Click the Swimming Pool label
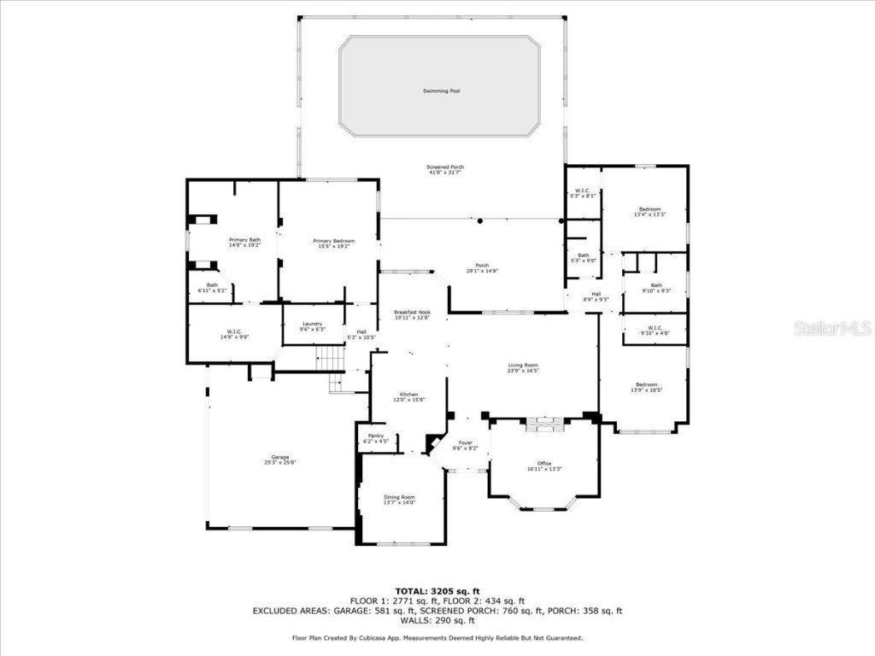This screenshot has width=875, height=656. tap(441, 91)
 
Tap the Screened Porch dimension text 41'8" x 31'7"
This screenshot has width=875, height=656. tap(445, 173)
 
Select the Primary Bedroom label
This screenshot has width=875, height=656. tap(333, 241)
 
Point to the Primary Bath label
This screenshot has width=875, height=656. tap(244, 240)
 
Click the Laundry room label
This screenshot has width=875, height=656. tap(312, 324)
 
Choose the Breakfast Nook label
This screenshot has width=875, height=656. tap(412, 313)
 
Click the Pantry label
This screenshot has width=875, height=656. tap(376, 436)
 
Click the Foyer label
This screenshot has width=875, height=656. tap(465, 442)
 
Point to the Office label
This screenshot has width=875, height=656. tap(543, 464)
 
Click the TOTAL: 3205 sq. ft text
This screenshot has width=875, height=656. tap(437, 591)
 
